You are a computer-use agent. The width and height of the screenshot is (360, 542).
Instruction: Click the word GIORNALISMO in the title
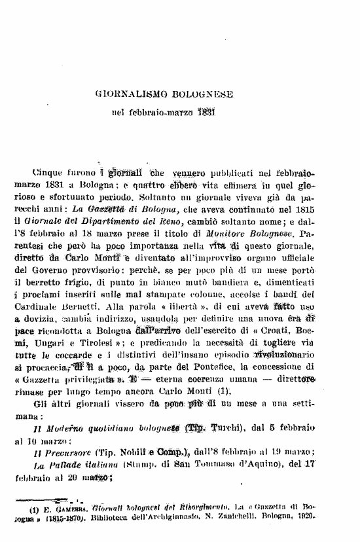pyautogui.click(x=130, y=95)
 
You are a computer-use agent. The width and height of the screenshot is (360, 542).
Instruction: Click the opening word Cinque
pyautogui.click(x=50, y=173)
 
